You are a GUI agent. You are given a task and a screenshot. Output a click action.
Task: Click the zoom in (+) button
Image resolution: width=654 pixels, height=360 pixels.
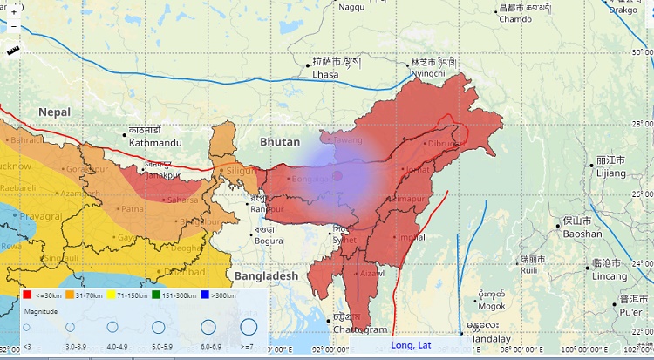click(x=14, y=13)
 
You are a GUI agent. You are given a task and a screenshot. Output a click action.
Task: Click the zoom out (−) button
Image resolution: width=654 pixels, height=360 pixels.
click(x=14, y=27)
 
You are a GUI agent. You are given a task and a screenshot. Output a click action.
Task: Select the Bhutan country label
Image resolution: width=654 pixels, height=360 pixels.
click(x=279, y=141)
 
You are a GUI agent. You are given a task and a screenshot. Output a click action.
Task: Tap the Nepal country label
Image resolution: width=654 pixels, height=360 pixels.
click(x=53, y=112)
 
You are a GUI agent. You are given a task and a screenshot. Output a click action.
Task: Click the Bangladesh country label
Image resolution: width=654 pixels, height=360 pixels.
click(x=266, y=275)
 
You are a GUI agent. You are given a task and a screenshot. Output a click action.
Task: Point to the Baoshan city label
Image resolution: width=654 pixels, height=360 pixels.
click(x=582, y=233)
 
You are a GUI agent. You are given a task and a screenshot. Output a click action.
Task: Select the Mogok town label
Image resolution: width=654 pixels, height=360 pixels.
click(x=492, y=306)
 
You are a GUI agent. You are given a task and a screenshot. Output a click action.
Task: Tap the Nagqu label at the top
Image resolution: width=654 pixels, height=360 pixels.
click(x=351, y=7)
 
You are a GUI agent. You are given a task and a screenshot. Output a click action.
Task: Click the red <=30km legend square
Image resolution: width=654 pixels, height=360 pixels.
click(x=27, y=295)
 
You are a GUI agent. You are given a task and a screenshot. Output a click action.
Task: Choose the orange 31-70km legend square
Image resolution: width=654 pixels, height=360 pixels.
click(x=70, y=295)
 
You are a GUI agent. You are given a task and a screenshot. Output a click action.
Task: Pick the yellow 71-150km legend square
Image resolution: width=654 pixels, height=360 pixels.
click(x=113, y=295)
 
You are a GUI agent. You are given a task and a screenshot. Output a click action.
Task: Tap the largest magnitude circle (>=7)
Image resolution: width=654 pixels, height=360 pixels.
click(x=249, y=328)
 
